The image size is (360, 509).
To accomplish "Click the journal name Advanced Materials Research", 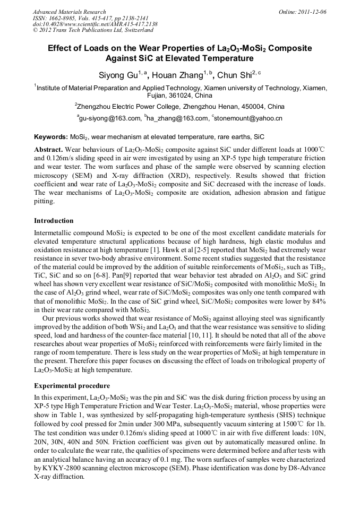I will [x=69, y=12].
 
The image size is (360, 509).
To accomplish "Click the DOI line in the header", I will [x=95, y=24].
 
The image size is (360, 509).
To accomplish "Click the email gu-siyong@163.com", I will [x=109, y=118].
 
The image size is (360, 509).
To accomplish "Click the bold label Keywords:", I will [x=51, y=137].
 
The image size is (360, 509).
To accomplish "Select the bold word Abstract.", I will [x=49, y=149].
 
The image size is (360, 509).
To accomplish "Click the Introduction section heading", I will [x=54, y=221].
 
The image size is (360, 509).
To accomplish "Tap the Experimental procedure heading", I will [x=72, y=385].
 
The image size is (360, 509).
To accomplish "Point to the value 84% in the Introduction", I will [x=317, y=301].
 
